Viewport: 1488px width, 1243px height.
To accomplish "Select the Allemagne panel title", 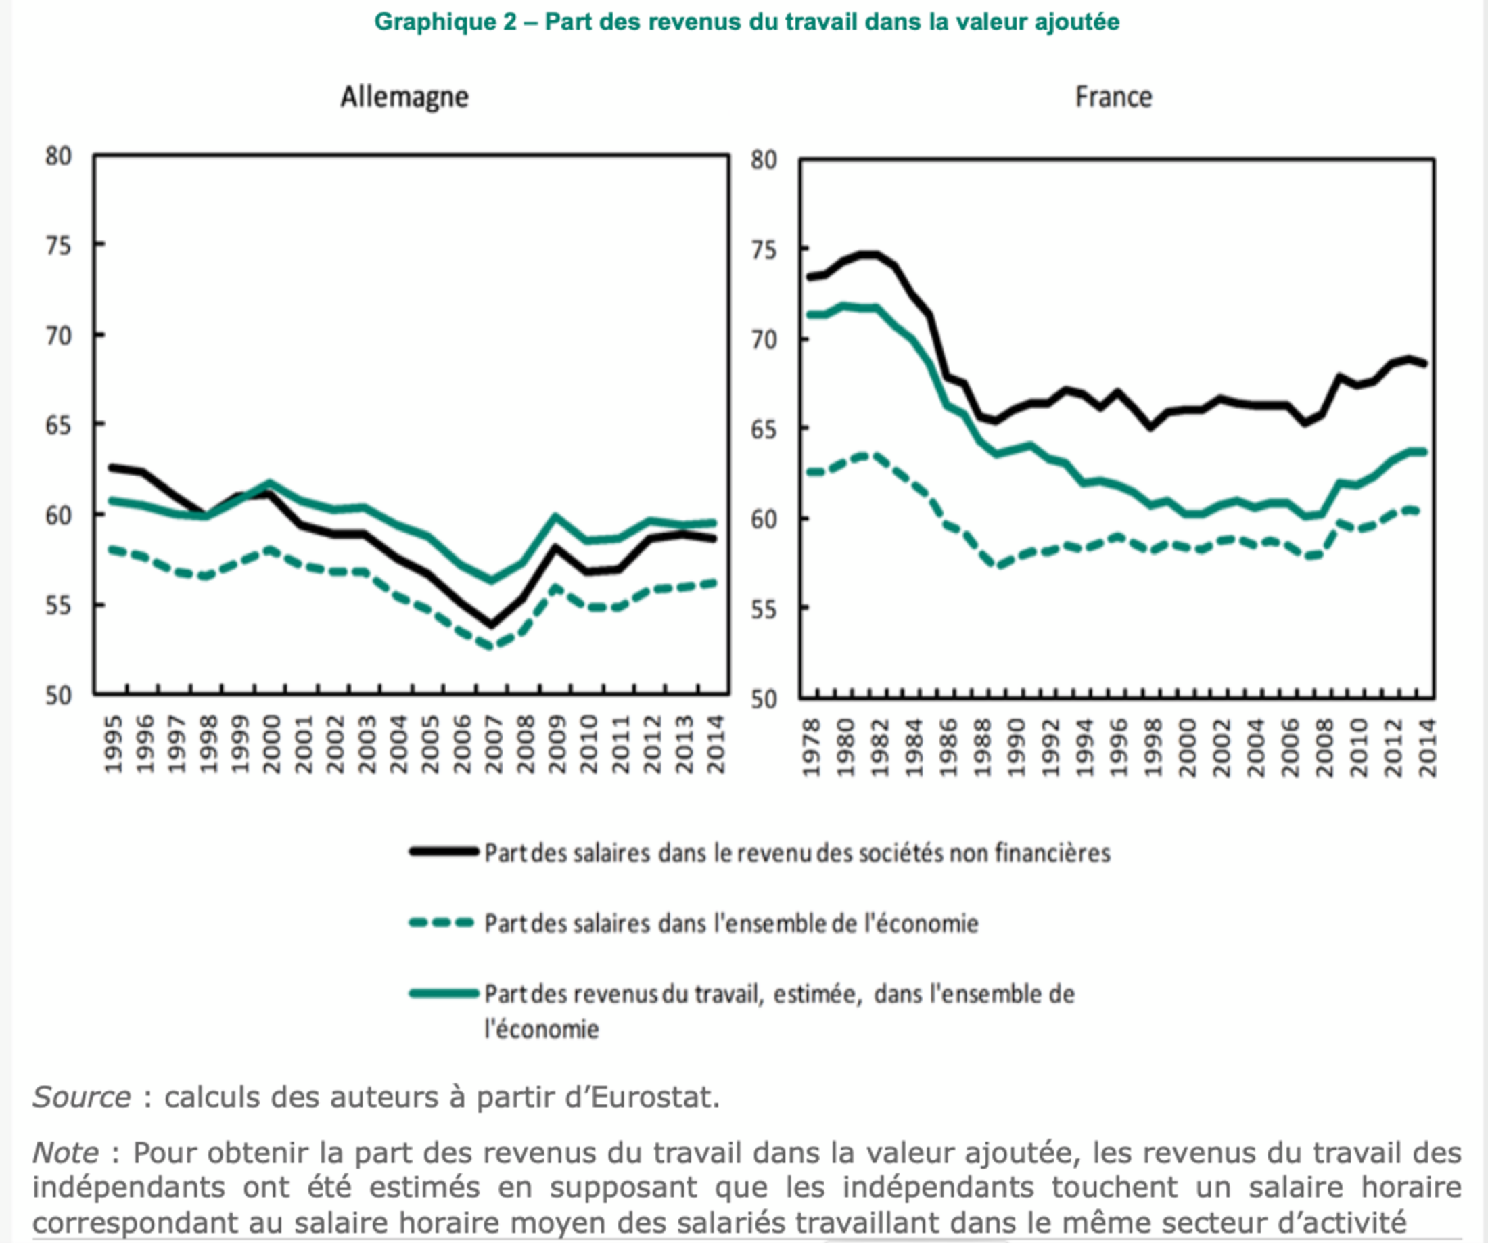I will [x=404, y=97].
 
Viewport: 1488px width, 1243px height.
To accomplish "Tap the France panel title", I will [x=1113, y=97].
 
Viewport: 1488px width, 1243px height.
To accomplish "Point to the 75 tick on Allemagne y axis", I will [x=59, y=246].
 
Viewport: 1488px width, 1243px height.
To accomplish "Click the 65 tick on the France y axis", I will [x=764, y=430].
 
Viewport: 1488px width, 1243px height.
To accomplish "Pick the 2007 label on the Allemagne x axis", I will [x=493, y=744].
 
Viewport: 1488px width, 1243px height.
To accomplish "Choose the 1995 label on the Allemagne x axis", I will [x=114, y=744].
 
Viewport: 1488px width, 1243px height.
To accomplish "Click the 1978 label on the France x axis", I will [x=812, y=748].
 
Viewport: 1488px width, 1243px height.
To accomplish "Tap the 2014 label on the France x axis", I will [x=1427, y=748].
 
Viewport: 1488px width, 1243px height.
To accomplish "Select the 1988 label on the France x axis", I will [x=983, y=748].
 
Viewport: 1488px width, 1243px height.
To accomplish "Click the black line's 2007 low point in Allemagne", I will [x=491, y=625].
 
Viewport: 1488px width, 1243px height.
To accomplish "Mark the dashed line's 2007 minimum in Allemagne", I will [x=491, y=646].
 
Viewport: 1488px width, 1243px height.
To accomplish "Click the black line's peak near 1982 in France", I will [x=870, y=254].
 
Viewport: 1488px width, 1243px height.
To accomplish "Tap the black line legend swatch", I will [x=444, y=851].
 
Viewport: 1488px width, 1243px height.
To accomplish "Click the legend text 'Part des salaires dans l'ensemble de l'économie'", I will [x=730, y=924].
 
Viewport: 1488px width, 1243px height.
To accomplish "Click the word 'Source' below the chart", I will [x=81, y=1097].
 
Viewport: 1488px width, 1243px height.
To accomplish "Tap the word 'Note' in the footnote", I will [x=65, y=1152].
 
